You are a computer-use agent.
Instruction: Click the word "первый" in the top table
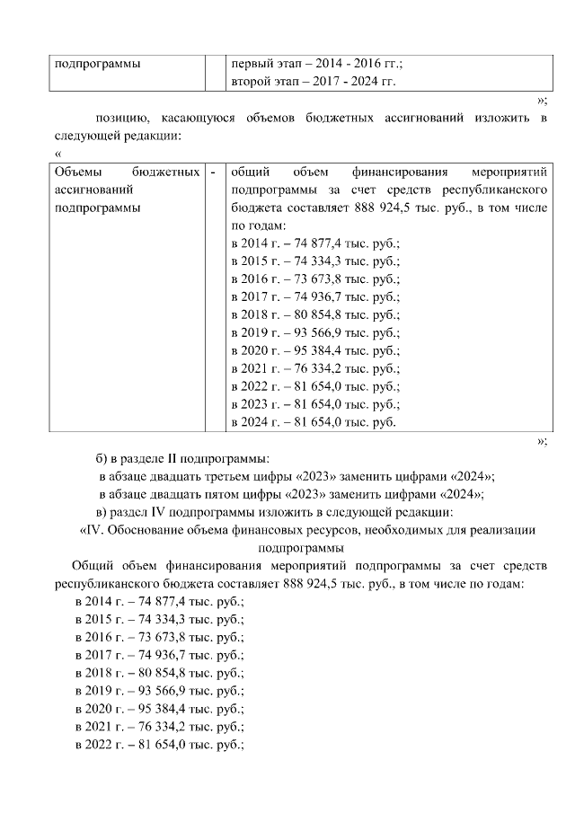pos(252,65)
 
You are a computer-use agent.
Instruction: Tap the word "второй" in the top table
pos(252,82)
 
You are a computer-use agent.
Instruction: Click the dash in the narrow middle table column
pos(213,172)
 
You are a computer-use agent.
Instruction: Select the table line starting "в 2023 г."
pos(315,404)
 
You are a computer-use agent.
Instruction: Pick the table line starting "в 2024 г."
pos(313,422)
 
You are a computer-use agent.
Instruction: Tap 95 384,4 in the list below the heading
pos(152,708)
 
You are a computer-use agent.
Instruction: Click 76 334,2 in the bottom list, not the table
pos(152,726)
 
